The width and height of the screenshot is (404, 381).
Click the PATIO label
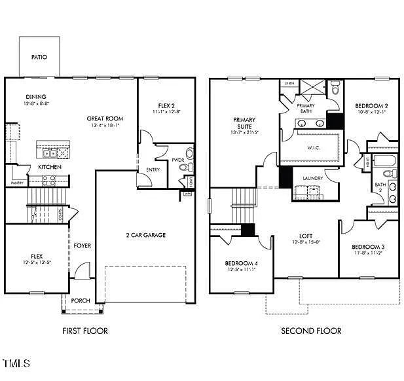39,57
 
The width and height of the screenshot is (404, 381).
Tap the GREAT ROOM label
105,118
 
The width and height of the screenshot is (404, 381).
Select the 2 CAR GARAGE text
145,235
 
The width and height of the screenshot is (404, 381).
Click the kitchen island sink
49,154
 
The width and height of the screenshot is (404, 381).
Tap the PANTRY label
16,183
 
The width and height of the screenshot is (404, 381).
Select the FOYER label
82,246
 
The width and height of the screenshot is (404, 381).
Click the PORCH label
81,301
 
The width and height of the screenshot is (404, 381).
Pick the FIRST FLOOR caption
84,331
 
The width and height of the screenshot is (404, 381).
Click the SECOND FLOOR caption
311,331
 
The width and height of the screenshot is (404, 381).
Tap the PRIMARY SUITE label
244,123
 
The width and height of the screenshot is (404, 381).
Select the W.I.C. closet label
313,147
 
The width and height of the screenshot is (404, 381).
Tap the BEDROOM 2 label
372,105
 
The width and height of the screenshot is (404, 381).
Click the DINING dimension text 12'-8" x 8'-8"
37,103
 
